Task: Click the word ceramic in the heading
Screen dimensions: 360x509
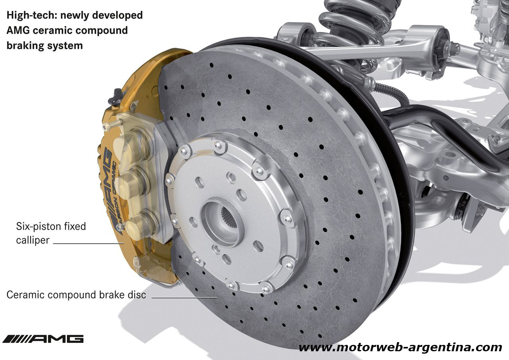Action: (48, 31)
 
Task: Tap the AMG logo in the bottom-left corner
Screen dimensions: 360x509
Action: (43, 339)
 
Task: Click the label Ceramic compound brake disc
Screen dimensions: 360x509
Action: (76, 295)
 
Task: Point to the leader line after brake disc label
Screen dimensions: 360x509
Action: (184, 297)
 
